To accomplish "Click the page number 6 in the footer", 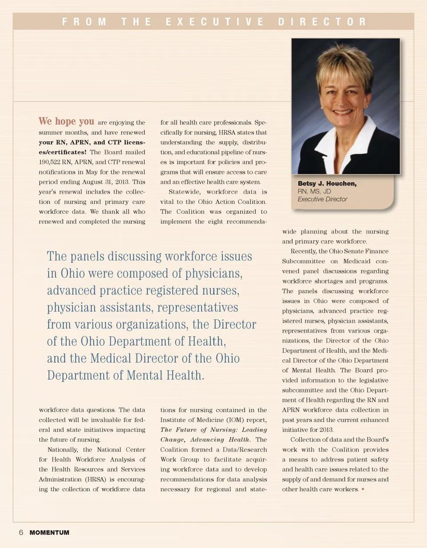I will tap(20, 532).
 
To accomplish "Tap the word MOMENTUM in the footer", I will tap(49, 532).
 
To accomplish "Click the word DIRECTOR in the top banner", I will tap(322, 21).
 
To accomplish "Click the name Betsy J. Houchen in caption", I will tap(327, 184).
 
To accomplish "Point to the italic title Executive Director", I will tap(322, 199).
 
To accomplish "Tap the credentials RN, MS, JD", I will tap(314, 191).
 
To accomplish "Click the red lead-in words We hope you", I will tap(66, 121).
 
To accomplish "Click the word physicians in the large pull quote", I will tap(213, 273).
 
